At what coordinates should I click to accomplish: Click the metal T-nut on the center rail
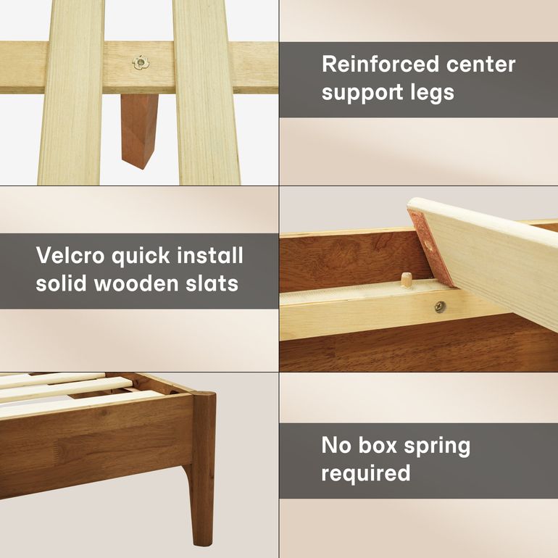[141, 62]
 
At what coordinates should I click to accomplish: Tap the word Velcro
[70, 255]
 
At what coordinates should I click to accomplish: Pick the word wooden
[136, 283]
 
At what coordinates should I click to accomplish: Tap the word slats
[212, 283]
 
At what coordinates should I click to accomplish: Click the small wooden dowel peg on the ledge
[405, 280]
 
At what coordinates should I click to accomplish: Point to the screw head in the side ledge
[440, 307]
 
